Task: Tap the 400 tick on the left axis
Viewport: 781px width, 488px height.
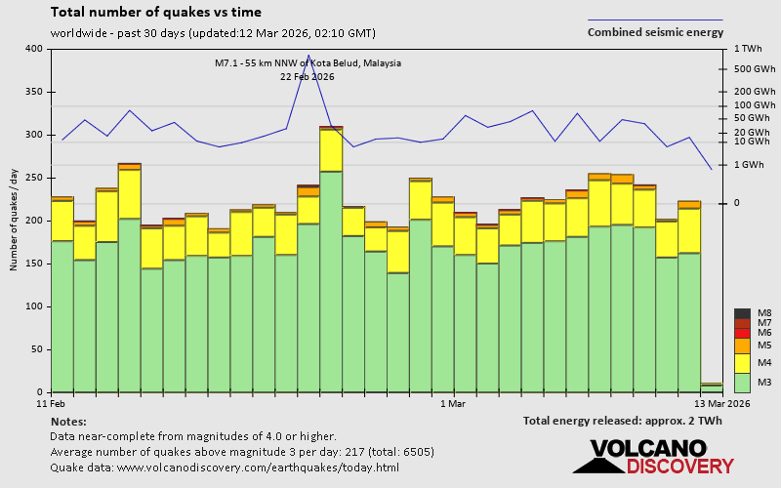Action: [34, 49]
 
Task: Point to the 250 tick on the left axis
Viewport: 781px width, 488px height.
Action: [34, 178]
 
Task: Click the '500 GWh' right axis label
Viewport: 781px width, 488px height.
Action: [755, 69]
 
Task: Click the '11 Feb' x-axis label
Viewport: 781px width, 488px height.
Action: [51, 403]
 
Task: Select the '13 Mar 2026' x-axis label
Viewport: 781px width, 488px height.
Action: [722, 403]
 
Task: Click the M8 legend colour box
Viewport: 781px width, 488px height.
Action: [742, 313]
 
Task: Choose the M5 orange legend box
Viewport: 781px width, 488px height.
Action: [742, 346]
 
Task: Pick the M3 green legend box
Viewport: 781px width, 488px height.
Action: [742, 382]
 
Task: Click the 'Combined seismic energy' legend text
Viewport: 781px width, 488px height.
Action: [654, 32]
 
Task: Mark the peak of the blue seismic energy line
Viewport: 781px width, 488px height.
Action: [308, 56]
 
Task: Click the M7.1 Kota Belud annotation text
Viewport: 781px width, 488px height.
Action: [308, 63]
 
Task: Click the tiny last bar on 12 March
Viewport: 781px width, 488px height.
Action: [712, 388]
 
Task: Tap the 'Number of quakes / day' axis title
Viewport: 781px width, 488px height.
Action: [14, 220]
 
